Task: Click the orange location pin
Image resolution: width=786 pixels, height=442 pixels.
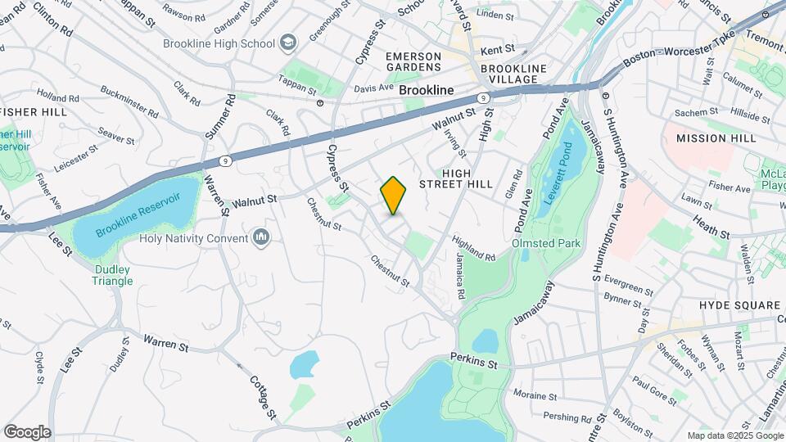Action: coord(393,196)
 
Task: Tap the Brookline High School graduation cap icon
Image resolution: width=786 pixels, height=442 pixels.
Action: coord(287,42)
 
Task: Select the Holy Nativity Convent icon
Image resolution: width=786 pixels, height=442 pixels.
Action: coord(261,238)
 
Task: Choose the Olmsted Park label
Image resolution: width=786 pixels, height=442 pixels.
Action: coord(545,243)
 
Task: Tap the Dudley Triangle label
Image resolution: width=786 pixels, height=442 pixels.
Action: coord(113,274)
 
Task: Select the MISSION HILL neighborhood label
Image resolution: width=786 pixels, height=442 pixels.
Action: coord(716,138)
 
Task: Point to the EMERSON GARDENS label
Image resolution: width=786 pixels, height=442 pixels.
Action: coord(413,61)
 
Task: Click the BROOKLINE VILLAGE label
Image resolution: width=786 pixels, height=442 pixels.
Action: coord(509,74)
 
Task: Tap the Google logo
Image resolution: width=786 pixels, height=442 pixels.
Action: coord(27,431)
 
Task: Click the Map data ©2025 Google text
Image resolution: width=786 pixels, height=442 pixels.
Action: coord(734,435)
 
